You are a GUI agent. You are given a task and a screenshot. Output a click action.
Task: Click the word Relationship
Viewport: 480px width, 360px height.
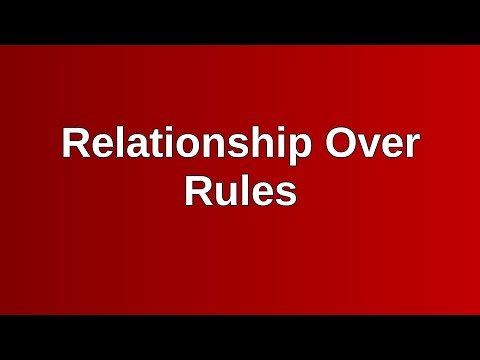point(185,145)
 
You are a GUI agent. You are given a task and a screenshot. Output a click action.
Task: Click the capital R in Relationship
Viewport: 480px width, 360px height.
point(75,145)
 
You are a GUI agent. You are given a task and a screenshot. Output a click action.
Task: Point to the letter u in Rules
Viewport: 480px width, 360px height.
point(225,193)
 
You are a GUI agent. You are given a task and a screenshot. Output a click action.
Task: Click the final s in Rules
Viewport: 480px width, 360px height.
point(286,193)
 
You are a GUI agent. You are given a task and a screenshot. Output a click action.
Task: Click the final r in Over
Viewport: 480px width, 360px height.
point(411,148)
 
